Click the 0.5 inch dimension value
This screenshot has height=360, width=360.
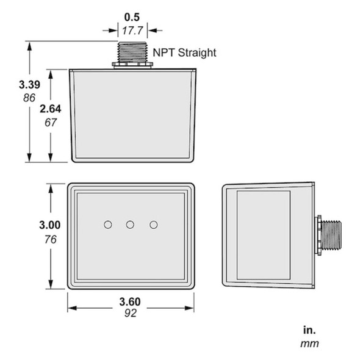click(x=132, y=17)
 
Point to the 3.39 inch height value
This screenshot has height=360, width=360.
click(x=13, y=85)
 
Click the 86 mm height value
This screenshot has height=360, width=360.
click(x=13, y=98)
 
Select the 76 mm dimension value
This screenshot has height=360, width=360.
click(x=50, y=239)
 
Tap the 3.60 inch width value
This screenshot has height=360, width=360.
click(x=131, y=301)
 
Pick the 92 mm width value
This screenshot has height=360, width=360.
click(x=131, y=313)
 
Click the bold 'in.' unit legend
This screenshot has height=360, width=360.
click(x=309, y=330)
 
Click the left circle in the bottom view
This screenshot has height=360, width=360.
click(x=108, y=225)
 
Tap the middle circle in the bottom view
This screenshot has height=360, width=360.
click(x=130, y=225)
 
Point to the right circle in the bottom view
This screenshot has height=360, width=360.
click(x=153, y=225)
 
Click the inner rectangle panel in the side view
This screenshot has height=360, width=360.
click(x=263, y=235)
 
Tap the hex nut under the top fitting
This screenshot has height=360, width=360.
click(x=132, y=63)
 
